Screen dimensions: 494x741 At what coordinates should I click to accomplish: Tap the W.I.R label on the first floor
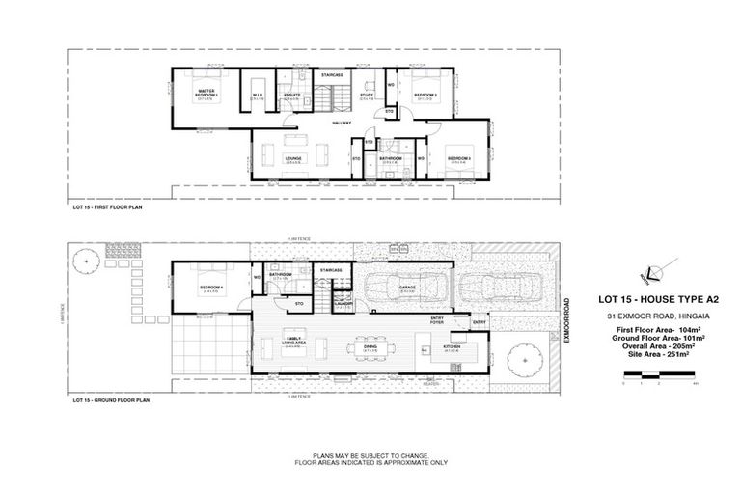pyautogui.click(x=259, y=95)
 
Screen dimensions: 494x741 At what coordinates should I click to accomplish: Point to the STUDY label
pyautogui.click(x=367, y=95)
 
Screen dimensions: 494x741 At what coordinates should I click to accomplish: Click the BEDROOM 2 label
pyautogui.click(x=425, y=95)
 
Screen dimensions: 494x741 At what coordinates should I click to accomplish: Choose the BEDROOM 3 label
pyautogui.click(x=457, y=156)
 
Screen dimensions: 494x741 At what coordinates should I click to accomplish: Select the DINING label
pyautogui.click(x=370, y=346)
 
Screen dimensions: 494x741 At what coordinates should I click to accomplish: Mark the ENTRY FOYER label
pyautogui.click(x=437, y=321)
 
